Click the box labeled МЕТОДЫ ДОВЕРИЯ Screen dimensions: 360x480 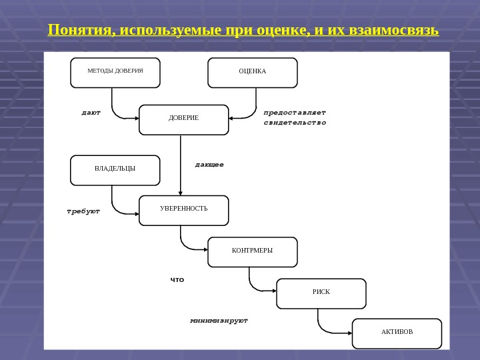point(115,72)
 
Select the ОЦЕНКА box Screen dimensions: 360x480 point(253,72)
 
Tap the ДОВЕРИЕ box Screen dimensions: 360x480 point(184,119)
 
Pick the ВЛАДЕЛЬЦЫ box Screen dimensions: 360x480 point(115,169)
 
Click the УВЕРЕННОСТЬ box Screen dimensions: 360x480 point(184,209)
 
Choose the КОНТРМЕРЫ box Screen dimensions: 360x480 point(253,251)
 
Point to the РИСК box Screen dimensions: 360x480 point(321,293)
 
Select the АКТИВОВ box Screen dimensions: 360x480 point(397,333)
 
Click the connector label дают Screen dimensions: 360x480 point(91,113)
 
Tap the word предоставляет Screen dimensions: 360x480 point(295,113)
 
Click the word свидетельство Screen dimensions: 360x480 point(295,123)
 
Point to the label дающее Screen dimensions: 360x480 point(209,164)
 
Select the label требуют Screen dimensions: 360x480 point(83,211)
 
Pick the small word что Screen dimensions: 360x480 point(177,280)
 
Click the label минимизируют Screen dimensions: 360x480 point(219,321)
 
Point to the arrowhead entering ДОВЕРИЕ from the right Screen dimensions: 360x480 point(231,119)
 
